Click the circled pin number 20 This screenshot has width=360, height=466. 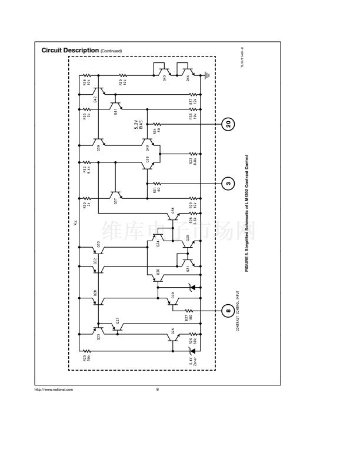click(x=228, y=124)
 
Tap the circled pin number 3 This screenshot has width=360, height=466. click(x=228, y=182)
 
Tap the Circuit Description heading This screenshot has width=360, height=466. click(x=70, y=51)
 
